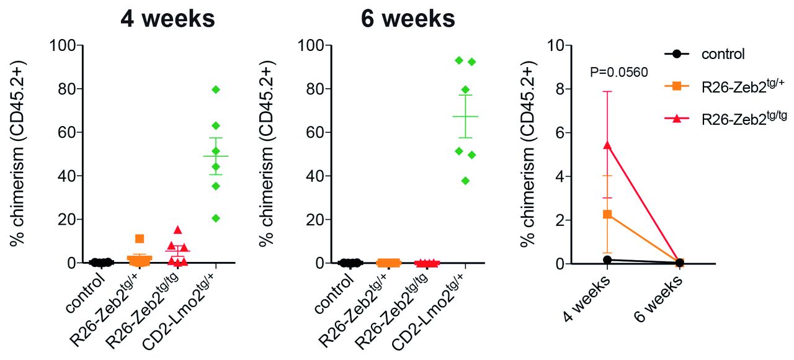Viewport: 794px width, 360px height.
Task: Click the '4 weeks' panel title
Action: pos(168,19)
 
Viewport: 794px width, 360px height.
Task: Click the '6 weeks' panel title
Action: pos(408,19)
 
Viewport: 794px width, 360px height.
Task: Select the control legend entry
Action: pos(723,54)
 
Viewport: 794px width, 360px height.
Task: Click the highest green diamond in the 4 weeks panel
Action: pos(216,89)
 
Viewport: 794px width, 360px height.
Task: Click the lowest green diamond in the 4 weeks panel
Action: pos(216,218)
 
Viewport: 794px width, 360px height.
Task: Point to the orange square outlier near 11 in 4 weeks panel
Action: pos(140,239)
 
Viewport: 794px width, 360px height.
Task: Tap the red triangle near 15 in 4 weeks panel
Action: pos(177,230)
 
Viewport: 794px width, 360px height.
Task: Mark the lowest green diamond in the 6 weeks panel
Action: pos(465,181)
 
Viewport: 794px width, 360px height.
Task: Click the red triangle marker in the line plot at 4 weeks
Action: pos(607,145)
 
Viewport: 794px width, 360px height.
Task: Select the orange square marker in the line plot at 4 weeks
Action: pos(607,214)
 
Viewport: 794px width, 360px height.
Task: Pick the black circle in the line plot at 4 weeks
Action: pos(607,259)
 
